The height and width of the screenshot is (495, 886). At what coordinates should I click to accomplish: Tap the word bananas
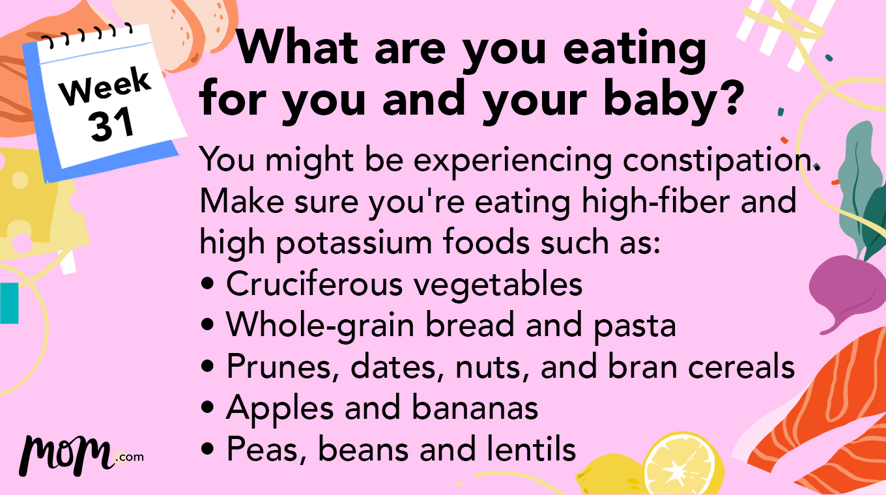(475, 408)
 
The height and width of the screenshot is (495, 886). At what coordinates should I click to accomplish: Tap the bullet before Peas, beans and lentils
(208, 450)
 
